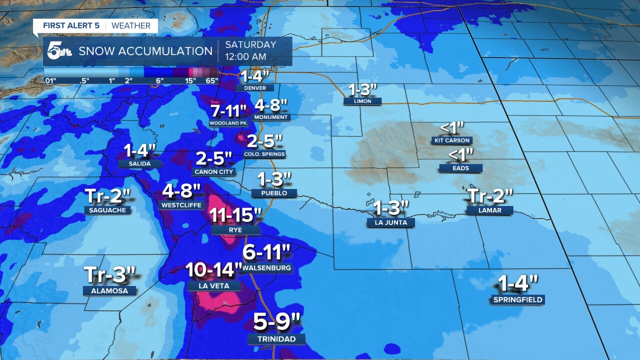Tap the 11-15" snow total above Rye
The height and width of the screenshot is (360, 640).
(235, 215)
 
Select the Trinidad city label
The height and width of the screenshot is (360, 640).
(276, 339)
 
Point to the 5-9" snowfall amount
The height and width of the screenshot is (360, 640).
(276, 322)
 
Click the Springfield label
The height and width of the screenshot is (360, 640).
(517, 300)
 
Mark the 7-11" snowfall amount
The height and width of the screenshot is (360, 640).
(229, 110)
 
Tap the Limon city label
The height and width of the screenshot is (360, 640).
(362, 101)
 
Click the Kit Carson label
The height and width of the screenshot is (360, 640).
(452, 141)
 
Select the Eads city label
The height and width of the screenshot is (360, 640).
(460, 168)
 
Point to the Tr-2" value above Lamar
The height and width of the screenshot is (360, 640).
(490, 196)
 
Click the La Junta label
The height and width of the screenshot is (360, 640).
(390, 222)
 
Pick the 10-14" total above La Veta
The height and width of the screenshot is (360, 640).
(213, 270)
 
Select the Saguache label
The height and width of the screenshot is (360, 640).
(107, 210)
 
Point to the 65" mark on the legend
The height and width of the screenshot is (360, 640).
(212, 80)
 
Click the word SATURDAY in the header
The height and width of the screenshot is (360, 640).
(250, 44)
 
